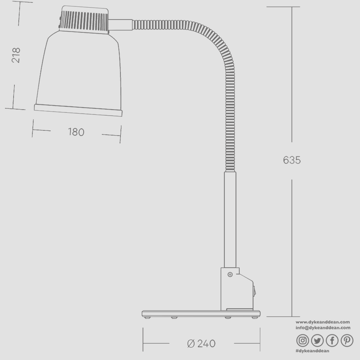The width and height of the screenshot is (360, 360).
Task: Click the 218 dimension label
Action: point(16,55)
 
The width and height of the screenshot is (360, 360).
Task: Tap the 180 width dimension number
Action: point(76,132)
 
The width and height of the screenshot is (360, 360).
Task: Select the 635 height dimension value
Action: point(292,160)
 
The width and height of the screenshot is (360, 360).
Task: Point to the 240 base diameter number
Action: point(206,343)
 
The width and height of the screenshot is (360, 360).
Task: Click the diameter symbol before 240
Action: point(191,343)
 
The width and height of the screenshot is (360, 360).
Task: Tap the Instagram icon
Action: point(303,340)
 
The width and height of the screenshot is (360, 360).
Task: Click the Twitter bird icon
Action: point(317,340)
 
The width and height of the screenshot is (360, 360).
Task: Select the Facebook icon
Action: point(332,340)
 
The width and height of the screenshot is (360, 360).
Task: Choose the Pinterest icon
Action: point(347,340)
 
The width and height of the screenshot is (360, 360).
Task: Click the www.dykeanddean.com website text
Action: point(323,322)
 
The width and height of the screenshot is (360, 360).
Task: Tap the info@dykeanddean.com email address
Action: point(323,328)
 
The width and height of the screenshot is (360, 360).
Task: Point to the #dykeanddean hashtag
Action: point(312,351)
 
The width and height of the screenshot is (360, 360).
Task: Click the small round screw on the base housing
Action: point(230,274)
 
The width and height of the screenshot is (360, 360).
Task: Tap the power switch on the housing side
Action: point(254,293)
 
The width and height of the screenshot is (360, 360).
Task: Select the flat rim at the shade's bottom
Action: point(78,110)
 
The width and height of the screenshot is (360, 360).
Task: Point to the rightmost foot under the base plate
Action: point(254,318)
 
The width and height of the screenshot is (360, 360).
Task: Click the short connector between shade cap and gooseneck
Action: point(120,24)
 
